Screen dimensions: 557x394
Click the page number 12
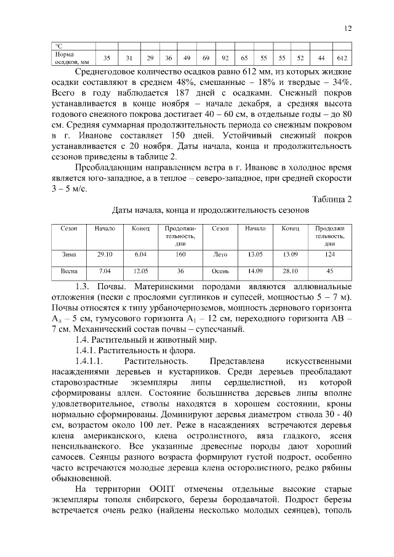coord(348,28)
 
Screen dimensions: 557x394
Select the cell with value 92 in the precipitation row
coord(225,58)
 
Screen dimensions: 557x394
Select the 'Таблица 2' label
coord(332,199)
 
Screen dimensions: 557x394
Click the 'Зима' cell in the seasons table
coord(69,254)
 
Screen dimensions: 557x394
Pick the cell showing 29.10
coord(105,254)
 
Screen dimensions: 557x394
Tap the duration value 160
coord(180,254)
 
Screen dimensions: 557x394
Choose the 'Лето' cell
coord(220,254)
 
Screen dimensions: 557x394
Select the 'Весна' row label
coord(69,271)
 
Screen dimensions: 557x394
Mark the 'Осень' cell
coord(220,271)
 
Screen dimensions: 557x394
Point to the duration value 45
coord(330,271)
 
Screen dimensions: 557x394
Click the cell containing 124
coord(330,254)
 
